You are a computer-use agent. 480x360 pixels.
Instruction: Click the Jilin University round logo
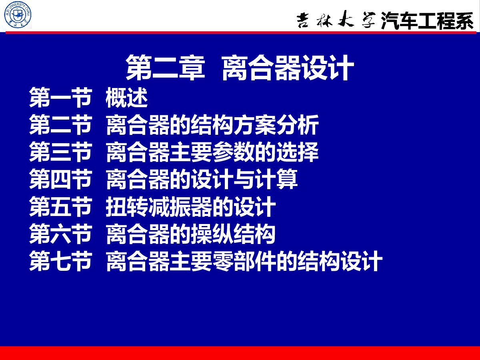[x=18, y=15]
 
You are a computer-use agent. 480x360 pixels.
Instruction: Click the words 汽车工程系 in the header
[x=427, y=20]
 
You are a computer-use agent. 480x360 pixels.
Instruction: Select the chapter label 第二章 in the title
[x=165, y=67]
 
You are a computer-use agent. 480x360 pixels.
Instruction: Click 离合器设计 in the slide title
[x=288, y=67]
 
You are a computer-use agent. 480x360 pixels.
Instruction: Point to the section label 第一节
[x=60, y=97]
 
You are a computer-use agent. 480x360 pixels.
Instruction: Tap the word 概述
[x=127, y=97]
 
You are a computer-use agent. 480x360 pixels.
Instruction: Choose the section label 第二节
[x=60, y=124]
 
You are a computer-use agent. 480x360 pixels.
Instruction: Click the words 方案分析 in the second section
[x=276, y=124]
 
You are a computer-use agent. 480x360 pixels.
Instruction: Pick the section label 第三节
[x=60, y=152]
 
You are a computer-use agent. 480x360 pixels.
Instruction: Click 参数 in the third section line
[x=233, y=152]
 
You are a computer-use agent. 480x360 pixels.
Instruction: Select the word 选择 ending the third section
[x=298, y=152]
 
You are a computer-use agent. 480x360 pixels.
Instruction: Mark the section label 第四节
[x=60, y=179]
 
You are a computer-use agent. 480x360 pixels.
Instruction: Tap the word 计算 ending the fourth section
[x=276, y=179]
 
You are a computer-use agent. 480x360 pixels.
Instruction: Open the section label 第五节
[x=60, y=206]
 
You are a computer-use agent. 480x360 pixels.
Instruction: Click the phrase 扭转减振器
[x=159, y=206]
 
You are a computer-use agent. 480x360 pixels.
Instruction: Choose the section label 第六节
[x=60, y=234]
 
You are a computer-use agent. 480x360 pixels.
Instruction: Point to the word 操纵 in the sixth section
[x=212, y=234]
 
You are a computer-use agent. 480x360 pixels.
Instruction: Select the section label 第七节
[x=60, y=261]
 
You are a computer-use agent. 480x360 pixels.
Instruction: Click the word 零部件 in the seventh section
[x=244, y=261]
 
